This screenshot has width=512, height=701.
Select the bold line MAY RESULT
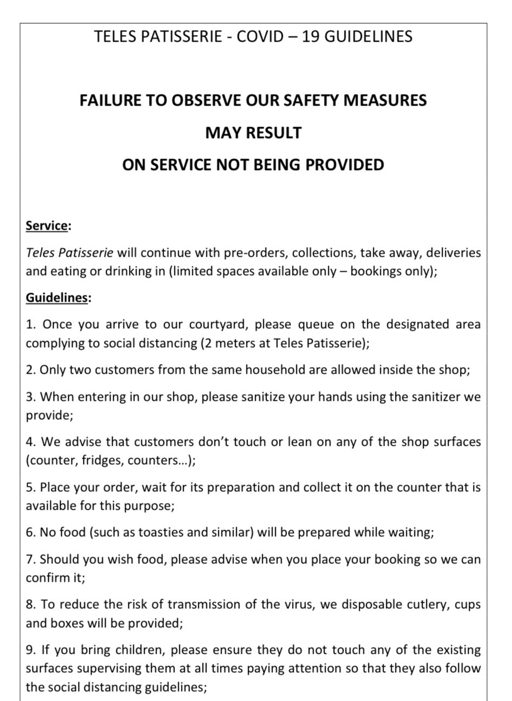(253, 133)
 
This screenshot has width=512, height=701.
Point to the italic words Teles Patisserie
(69, 252)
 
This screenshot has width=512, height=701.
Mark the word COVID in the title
(260, 36)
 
